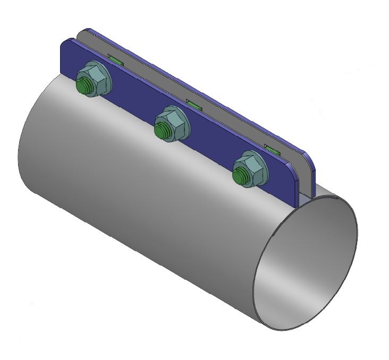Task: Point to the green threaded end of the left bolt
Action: pyautogui.click(x=83, y=84)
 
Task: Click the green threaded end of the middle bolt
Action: pyautogui.click(x=161, y=128)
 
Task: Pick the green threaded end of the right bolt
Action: pyautogui.click(x=240, y=175)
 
